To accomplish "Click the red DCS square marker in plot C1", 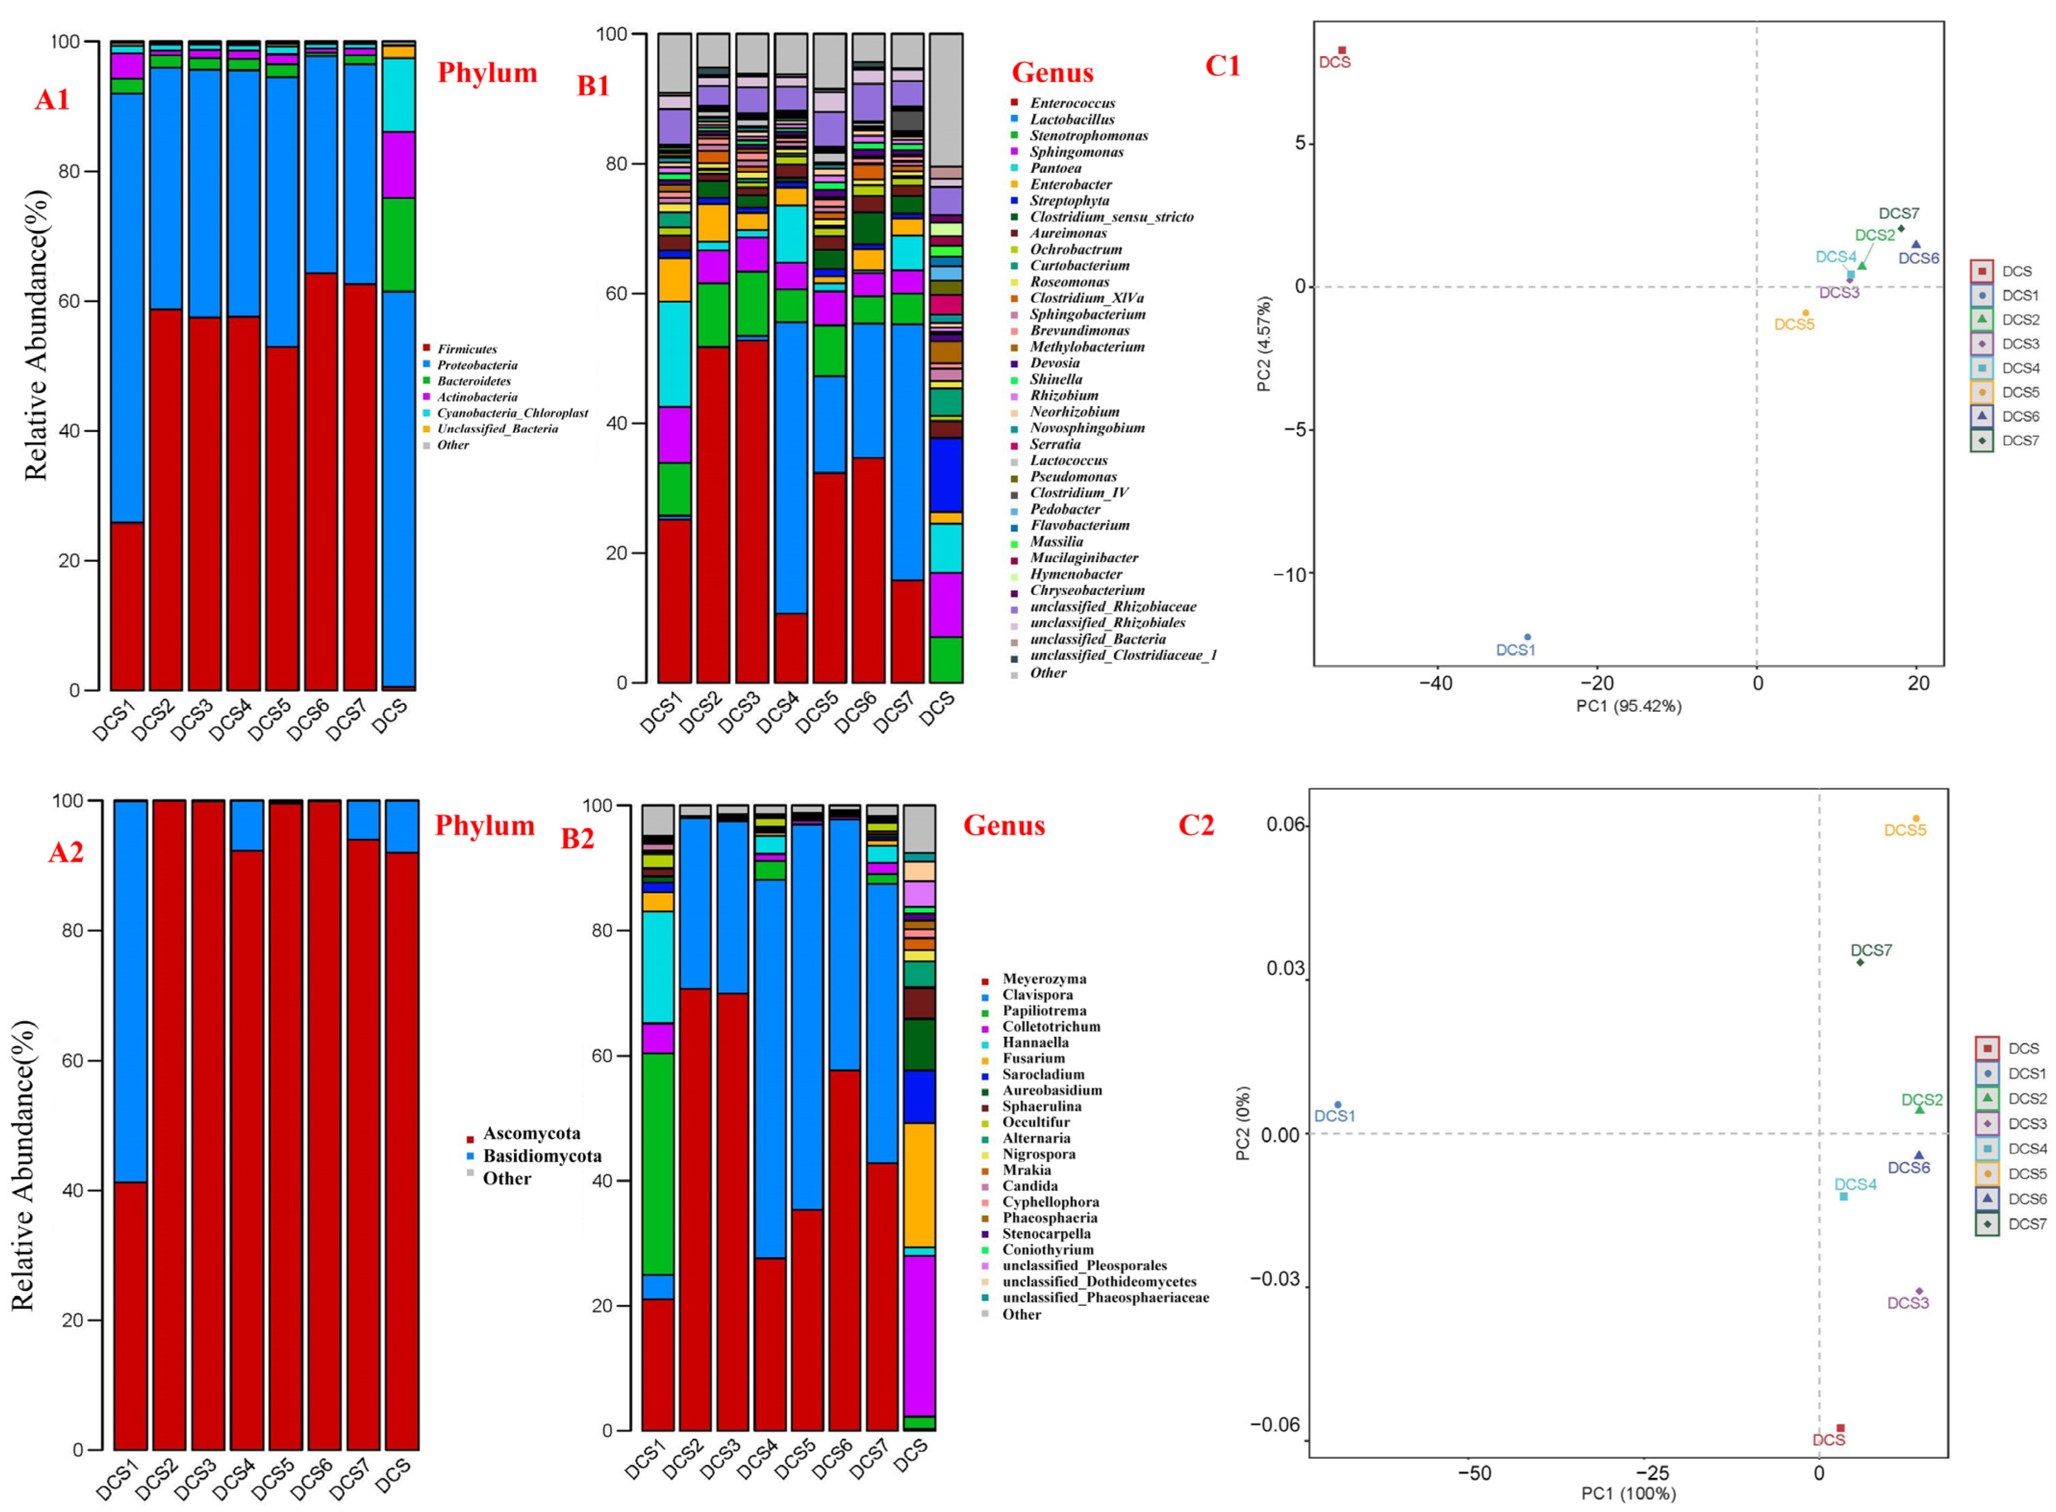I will tap(1342, 50).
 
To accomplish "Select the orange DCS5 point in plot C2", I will tap(1915, 818).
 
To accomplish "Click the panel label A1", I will tap(52, 99).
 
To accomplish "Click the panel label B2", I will tap(577, 839).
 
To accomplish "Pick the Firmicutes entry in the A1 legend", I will tap(466, 349).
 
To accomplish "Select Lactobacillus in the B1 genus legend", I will tap(1071, 119).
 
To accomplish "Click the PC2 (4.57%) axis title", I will tap(1264, 343).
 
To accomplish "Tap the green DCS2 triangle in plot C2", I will tap(1919, 1108).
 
